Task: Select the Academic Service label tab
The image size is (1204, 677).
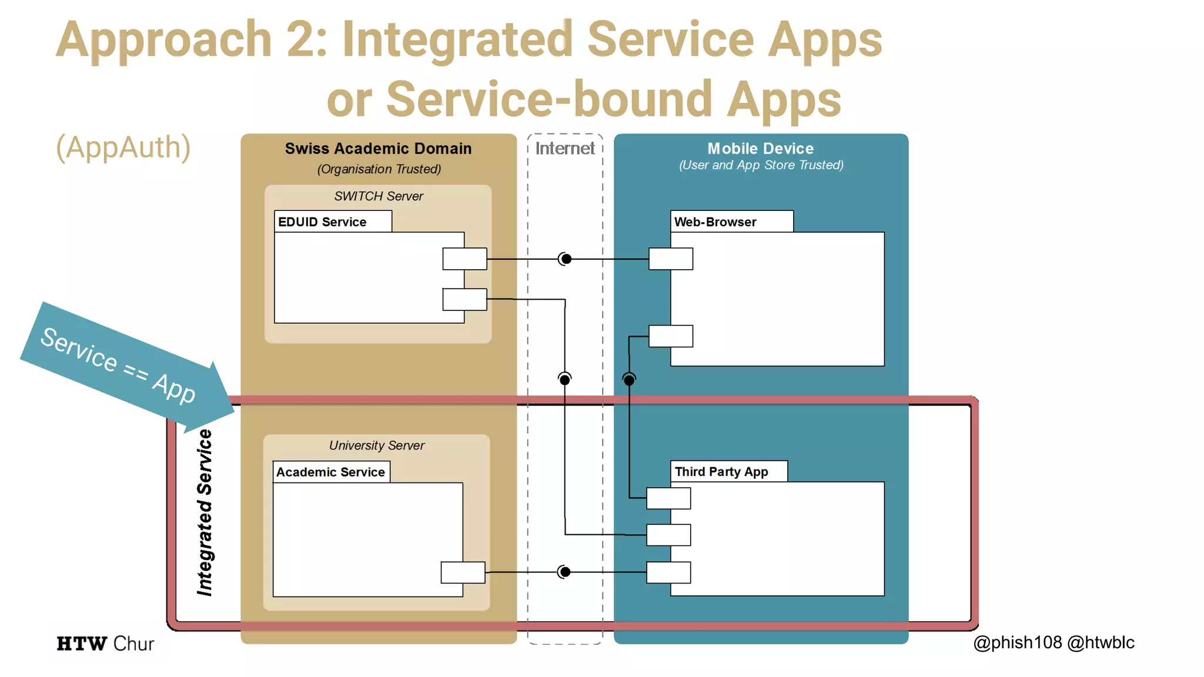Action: pyautogui.click(x=331, y=472)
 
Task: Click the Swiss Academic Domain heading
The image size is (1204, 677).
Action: pyautogui.click(x=378, y=149)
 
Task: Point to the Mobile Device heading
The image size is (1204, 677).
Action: pyautogui.click(x=760, y=149)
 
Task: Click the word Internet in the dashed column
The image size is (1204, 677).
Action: pyautogui.click(x=564, y=148)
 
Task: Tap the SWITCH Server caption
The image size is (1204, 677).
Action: pyautogui.click(x=378, y=196)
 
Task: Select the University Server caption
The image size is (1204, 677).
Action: pyautogui.click(x=376, y=445)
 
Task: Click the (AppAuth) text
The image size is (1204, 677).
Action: pyautogui.click(x=123, y=147)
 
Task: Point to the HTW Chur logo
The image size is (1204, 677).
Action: pyautogui.click(x=105, y=644)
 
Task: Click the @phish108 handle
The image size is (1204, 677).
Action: pyautogui.click(x=1018, y=642)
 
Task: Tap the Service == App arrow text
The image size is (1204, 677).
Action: pyautogui.click(x=118, y=365)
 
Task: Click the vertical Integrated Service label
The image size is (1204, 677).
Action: pyautogui.click(x=204, y=512)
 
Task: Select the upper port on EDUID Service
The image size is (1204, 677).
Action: pyautogui.click(x=464, y=259)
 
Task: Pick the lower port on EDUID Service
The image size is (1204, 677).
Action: pyautogui.click(x=464, y=299)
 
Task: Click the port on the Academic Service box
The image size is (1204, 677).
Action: pyautogui.click(x=463, y=572)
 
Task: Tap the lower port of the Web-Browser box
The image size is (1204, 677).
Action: pyautogui.click(x=670, y=336)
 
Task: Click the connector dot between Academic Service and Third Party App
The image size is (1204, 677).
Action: pyautogui.click(x=564, y=572)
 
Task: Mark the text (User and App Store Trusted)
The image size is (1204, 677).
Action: pyautogui.click(x=761, y=165)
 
